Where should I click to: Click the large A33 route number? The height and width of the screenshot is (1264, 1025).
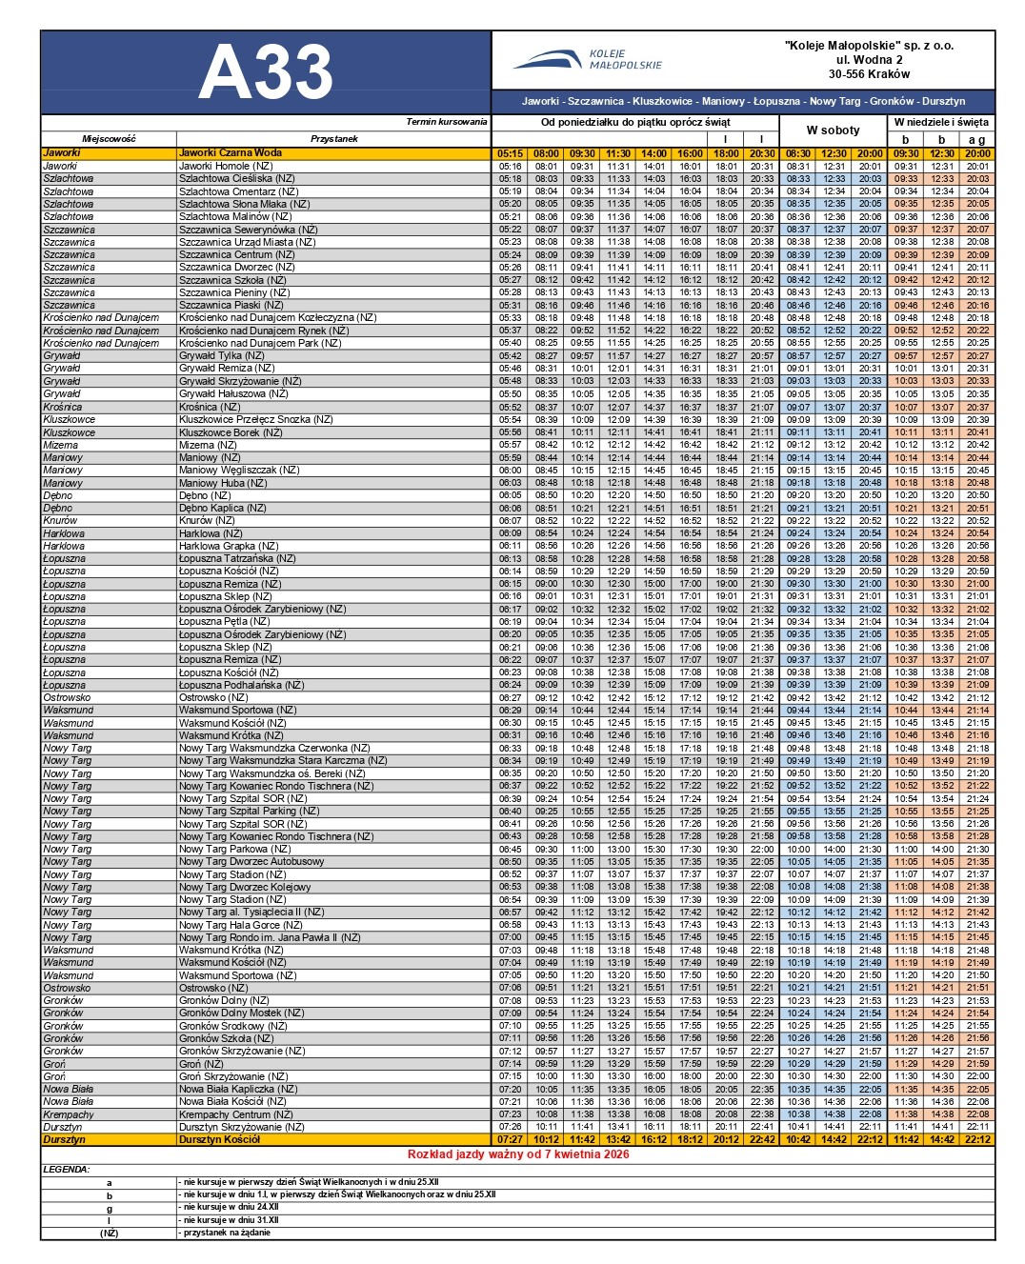point(265,72)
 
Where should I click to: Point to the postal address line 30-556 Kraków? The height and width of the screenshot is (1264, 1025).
point(868,74)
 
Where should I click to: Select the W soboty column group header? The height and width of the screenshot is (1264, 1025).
point(833,130)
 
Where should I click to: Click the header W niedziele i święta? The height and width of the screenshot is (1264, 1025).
point(941,122)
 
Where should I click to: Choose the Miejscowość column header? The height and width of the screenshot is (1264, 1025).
point(109,139)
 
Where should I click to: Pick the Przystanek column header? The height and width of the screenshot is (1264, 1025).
point(333,139)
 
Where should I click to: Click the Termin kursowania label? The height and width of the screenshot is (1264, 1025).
point(446,122)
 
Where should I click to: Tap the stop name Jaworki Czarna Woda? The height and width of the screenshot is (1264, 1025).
point(231,152)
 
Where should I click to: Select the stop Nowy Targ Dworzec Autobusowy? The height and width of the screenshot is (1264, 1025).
point(251,861)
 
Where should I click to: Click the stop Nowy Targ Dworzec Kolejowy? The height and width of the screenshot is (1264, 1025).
point(245,887)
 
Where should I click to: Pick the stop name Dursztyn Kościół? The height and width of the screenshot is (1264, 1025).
point(220,1139)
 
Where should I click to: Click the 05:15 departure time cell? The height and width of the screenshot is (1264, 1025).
point(510,152)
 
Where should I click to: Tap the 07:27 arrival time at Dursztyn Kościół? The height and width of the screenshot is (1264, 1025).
point(510,1139)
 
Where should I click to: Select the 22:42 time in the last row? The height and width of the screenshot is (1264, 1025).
point(761,1139)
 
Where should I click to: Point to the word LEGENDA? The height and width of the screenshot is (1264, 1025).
point(67,1169)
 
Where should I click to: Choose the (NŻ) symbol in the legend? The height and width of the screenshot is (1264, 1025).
point(109,1233)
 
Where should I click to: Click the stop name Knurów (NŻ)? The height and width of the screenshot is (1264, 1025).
point(207,521)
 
